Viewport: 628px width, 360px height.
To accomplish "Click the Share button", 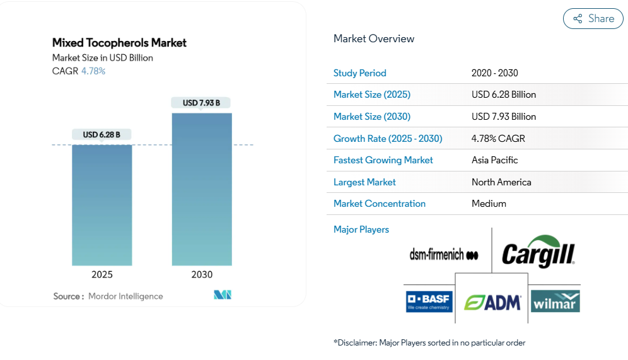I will click(593, 19).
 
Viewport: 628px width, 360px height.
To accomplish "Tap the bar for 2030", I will click(202, 189).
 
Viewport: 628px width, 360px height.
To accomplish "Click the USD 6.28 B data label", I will click(102, 134).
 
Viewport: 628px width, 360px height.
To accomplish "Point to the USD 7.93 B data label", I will click(201, 103).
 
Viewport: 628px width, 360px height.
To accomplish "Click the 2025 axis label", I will click(102, 274).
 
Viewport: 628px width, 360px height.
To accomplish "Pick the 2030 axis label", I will click(202, 274).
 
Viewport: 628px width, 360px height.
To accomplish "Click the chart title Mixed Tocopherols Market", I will click(119, 43).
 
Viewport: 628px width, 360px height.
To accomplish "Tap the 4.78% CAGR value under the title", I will click(93, 71).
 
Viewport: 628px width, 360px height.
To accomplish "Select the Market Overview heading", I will click(374, 38).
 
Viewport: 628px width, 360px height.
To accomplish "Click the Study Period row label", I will click(360, 73).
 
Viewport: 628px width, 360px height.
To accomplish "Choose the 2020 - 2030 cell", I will click(494, 73).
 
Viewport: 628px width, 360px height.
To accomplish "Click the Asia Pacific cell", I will click(494, 160).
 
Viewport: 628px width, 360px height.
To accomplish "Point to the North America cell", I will click(501, 182).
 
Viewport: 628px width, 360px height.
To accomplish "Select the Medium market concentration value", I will click(489, 204).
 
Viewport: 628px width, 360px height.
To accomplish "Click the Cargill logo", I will click(538, 253).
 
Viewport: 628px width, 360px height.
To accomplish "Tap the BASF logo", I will click(429, 301).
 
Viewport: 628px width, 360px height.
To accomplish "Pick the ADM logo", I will click(492, 303).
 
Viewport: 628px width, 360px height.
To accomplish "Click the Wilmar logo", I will click(555, 301).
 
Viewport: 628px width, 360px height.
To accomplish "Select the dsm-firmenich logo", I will click(444, 255).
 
